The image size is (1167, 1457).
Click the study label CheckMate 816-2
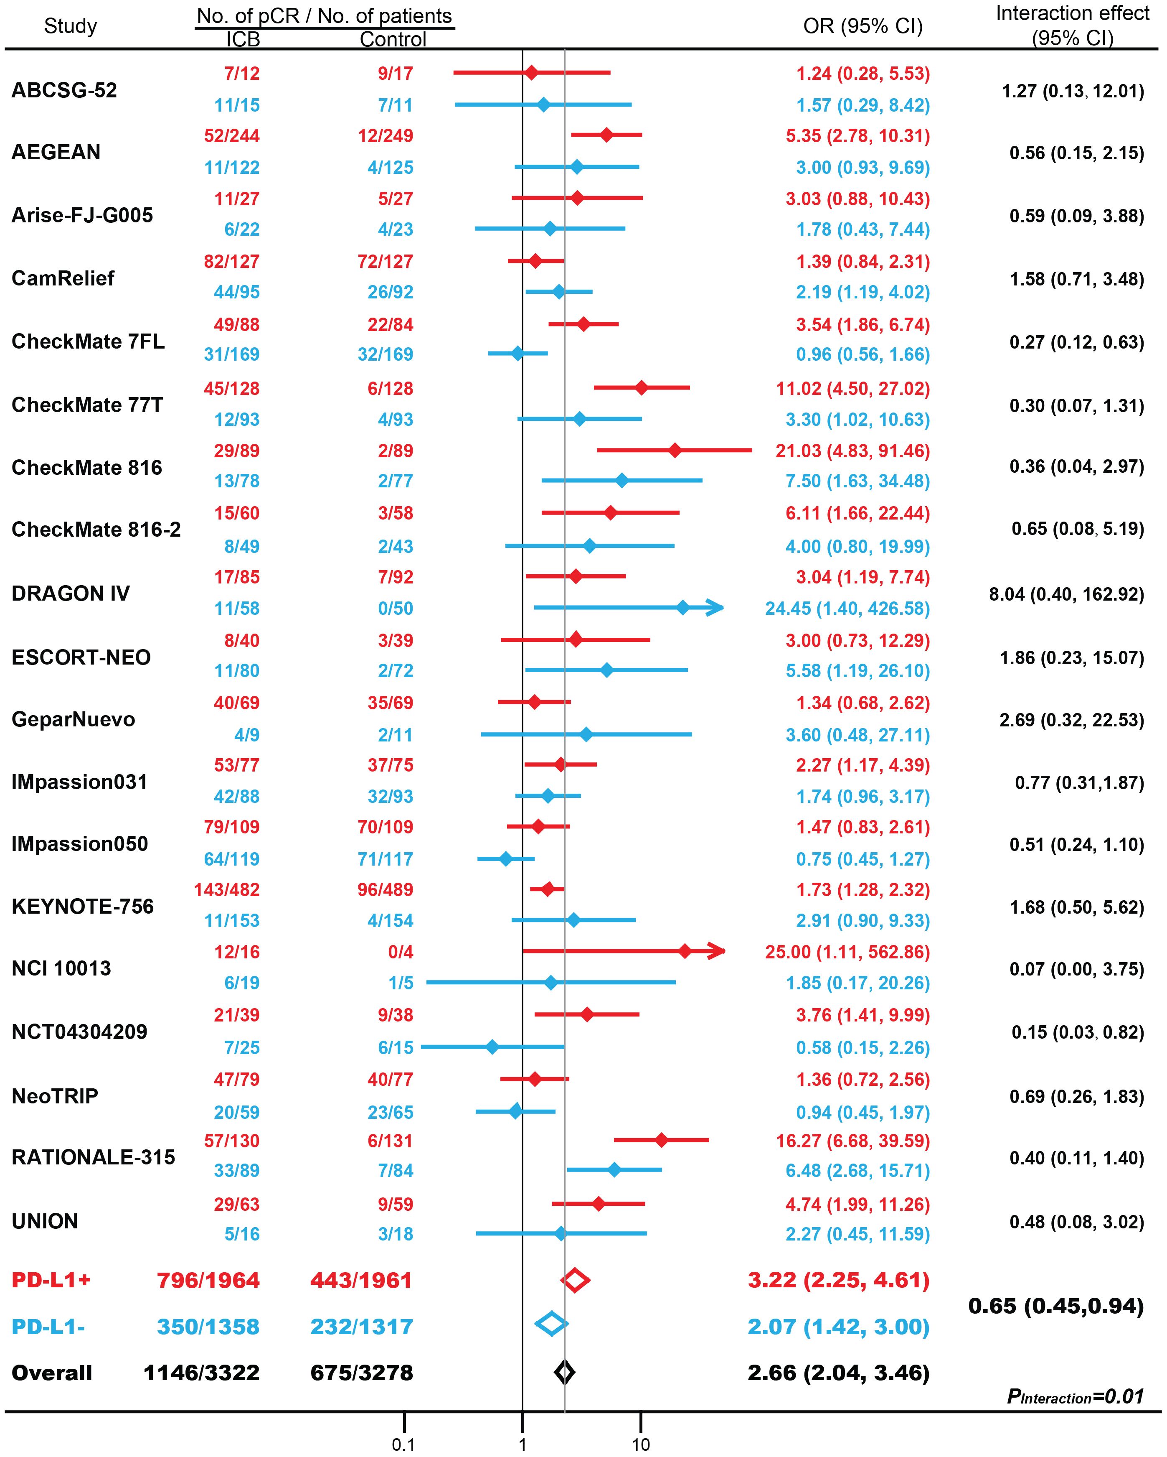coord(96,529)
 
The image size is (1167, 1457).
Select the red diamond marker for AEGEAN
coord(606,135)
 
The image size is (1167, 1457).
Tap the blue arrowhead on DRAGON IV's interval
coord(715,608)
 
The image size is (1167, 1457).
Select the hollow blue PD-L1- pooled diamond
coord(551,1326)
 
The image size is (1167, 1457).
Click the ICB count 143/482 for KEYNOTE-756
coord(226,889)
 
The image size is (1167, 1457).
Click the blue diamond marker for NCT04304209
coord(492,1047)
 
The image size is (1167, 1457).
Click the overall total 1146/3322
coord(201,1373)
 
